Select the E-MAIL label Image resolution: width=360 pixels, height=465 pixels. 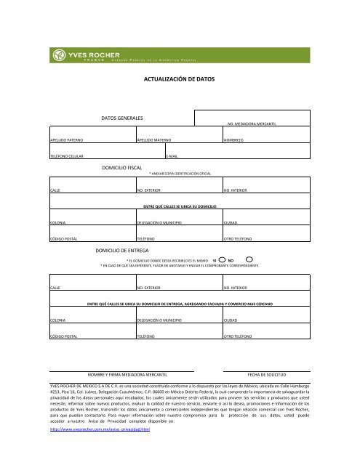pos(172,156)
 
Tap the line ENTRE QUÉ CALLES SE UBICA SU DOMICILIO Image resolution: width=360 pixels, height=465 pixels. pos(180,206)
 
